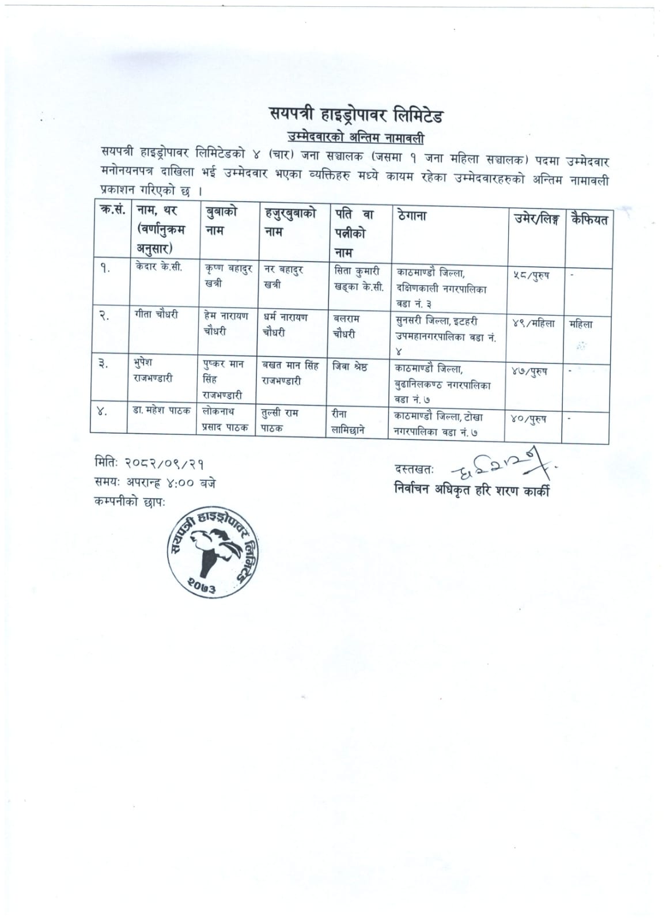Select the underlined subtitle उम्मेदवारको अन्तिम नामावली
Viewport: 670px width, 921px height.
pos(355,138)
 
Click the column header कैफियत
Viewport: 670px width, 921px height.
pos(589,219)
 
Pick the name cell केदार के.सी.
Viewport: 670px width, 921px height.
pos(160,267)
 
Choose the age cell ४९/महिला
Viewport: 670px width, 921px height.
pos(533,323)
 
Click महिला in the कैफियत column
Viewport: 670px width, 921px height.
pos(581,324)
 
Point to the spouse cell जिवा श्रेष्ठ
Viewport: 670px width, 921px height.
pos(350,366)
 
